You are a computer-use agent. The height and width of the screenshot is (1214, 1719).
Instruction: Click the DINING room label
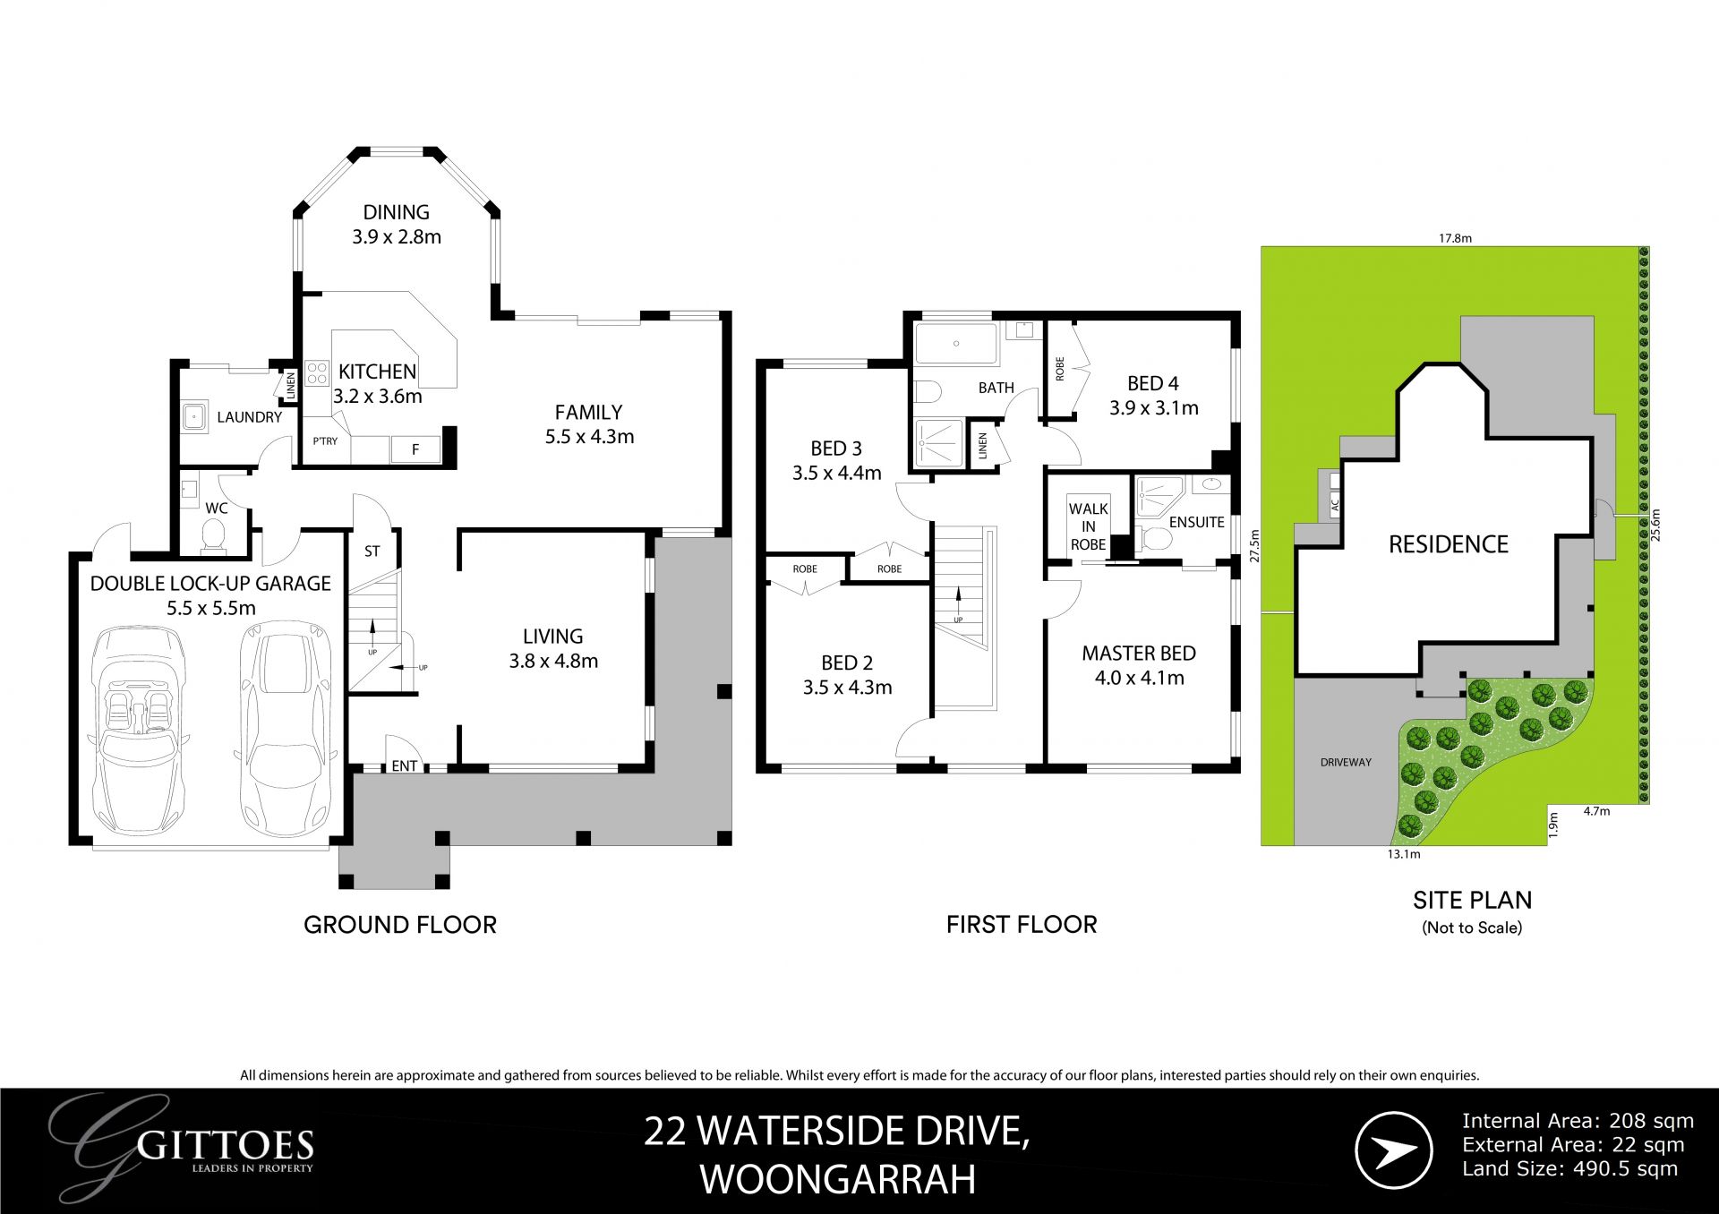point(396,212)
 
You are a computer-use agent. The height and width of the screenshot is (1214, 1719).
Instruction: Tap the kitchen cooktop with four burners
point(316,372)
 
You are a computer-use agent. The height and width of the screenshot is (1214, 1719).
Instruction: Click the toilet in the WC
point(213,534)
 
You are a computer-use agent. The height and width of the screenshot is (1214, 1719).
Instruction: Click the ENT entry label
point(405,765)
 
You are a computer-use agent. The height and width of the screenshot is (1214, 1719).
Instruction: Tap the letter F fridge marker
point(415,449)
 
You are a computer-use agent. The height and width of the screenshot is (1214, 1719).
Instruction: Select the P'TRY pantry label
point(325,441)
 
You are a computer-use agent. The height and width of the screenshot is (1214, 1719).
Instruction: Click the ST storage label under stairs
point(372,551)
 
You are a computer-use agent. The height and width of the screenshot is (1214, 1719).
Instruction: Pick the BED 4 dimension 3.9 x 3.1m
point(1153,408)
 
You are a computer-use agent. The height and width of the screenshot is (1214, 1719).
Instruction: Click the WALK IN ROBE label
point(1088,526)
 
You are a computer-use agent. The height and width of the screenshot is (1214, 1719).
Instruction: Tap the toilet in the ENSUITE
point(1154,540)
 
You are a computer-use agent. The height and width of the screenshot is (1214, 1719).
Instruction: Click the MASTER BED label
point(1139,654)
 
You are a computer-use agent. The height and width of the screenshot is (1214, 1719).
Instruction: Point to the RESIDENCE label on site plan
point(1448,544)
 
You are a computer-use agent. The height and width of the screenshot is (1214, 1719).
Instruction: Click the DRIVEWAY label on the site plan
point(1346,763)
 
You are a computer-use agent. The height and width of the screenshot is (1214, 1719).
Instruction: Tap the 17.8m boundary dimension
point(1455,238)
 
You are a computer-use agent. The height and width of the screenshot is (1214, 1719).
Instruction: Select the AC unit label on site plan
point(1334,505)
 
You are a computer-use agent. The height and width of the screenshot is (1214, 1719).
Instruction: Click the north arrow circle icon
point(1393,1150)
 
